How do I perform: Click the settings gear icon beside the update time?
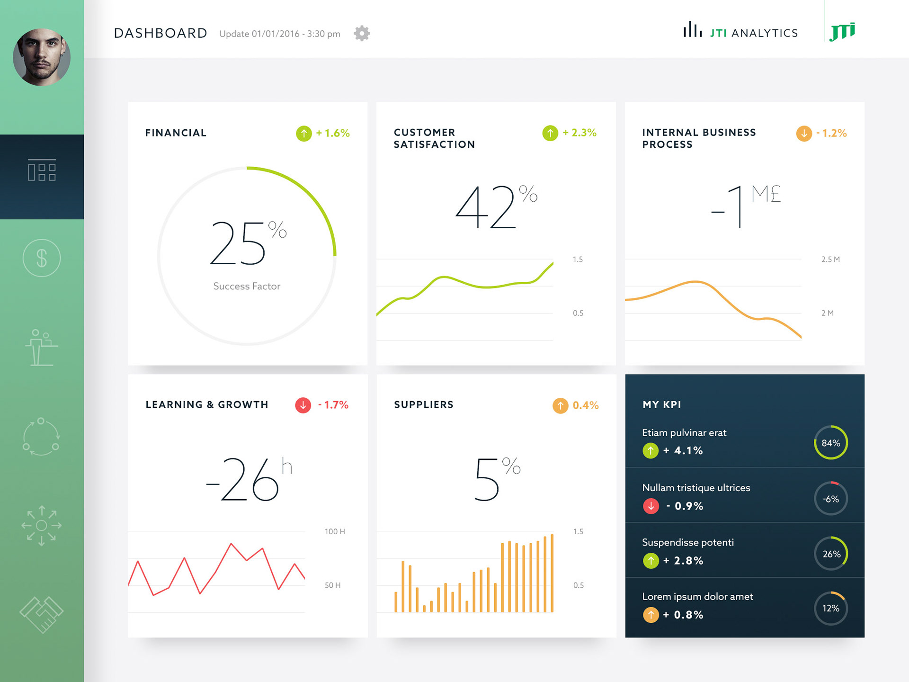pyautogui.click(x=362, y=34)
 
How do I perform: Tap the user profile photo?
pyautogui.click(x=42, y=57)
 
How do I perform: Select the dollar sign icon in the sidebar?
pyautogui.click(x=42, y=258)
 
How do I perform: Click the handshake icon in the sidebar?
pyautogui.click(x=42, y=614)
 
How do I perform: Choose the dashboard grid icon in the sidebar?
pyautogui.click(x=42, y=170)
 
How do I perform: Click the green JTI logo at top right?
pyautogui.click(x=843, y=31)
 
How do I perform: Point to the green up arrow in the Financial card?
pyautogui.click(x=304, y=134)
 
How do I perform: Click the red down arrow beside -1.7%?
pyautogui.click(x=303, y=405)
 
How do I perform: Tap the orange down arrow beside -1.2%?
pyautogui.click(x=804, y=134)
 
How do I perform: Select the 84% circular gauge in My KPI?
pyautogui.click(x=831, y=443)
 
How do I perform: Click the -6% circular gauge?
pyautogui.click(x=831, y=499)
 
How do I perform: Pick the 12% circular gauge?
pyautogui.click(x=831, y=609)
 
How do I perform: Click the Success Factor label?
pyautogui.click(x=247, y=286)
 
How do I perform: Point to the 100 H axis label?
pyautogui.click(x=335, y=531)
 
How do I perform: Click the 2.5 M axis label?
pyautogui.click(x=830, y=260)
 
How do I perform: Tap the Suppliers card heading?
pyautogui.click(x=424, y=404)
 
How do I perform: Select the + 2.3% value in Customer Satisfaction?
pyautogui.click(x=579, y=133)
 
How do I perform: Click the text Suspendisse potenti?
pyautogui.click(x=688, y=542)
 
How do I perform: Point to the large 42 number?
pyautogui.click(x=486, y=208)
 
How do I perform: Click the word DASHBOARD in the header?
pyautogui.click(x=160, y=33)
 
